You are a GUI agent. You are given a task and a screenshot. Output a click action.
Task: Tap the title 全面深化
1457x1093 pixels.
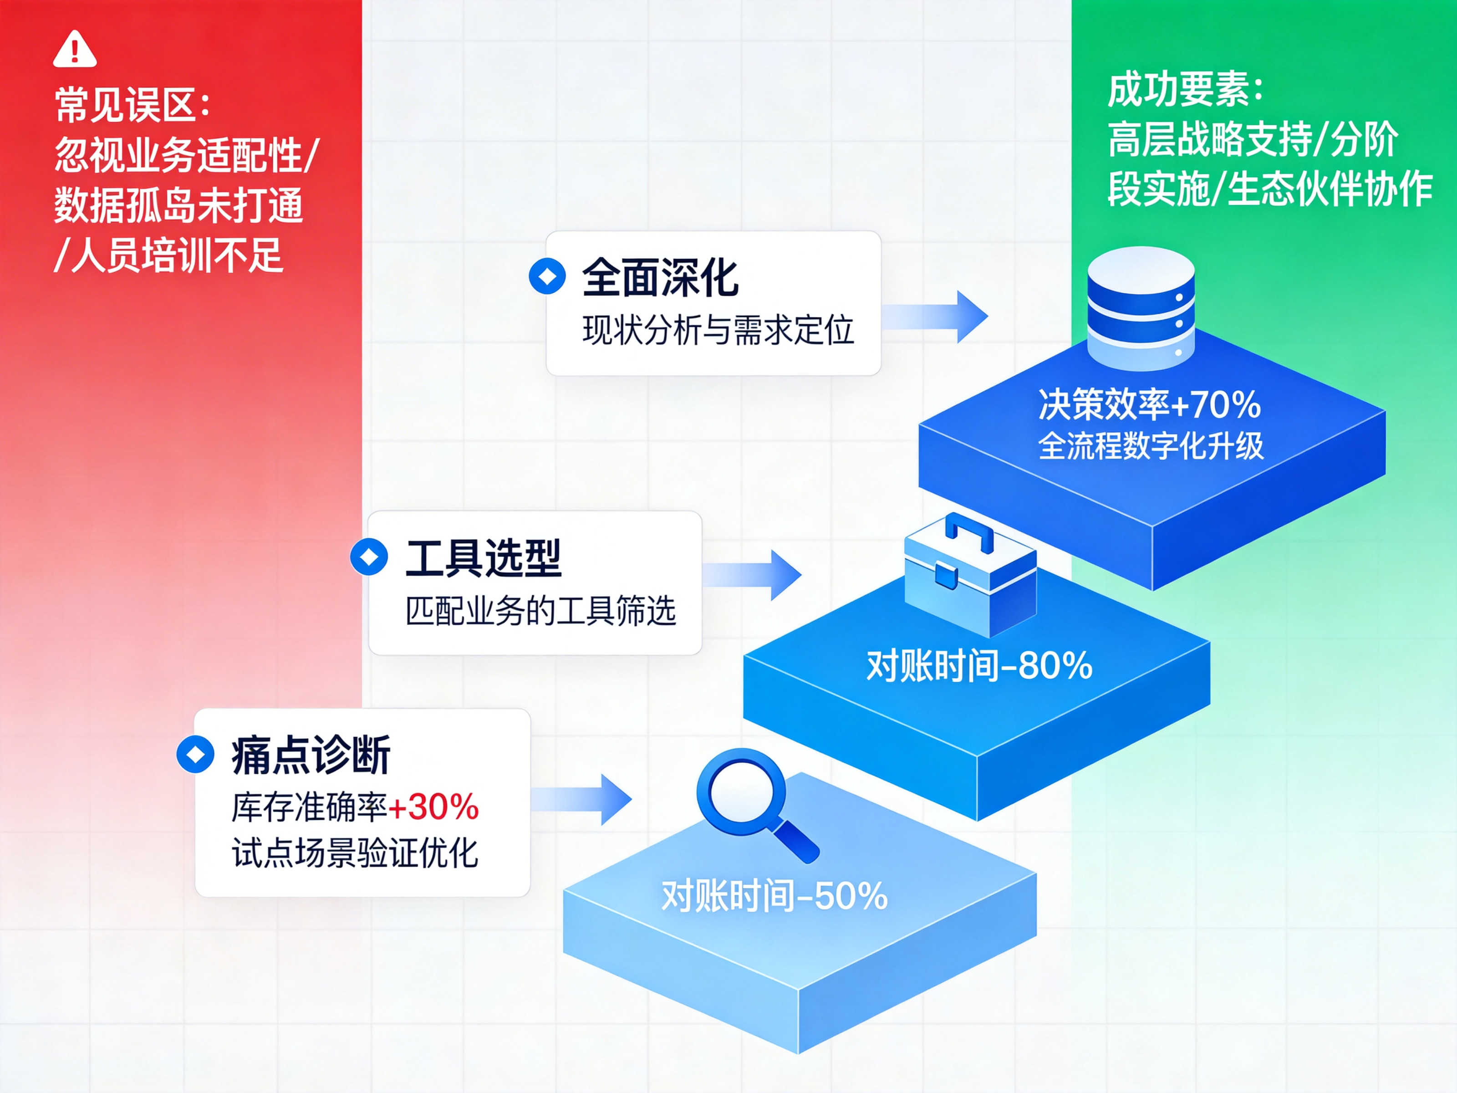coord(660,277)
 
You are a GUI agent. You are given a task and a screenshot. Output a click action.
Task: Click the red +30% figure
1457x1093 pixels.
coord(434,807)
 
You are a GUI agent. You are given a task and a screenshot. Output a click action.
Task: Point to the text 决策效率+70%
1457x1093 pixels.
coord(1149,404)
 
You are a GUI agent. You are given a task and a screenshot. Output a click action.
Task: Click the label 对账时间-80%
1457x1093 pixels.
coord(979,665)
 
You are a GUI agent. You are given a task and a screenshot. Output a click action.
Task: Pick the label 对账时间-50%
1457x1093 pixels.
coord(774,896)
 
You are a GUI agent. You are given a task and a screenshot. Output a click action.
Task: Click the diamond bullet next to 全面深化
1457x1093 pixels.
coord(547,277)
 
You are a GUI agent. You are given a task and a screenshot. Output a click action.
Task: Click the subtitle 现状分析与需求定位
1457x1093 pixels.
coord(718,330)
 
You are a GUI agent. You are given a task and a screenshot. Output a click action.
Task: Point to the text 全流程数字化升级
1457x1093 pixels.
coord(1151,446)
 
